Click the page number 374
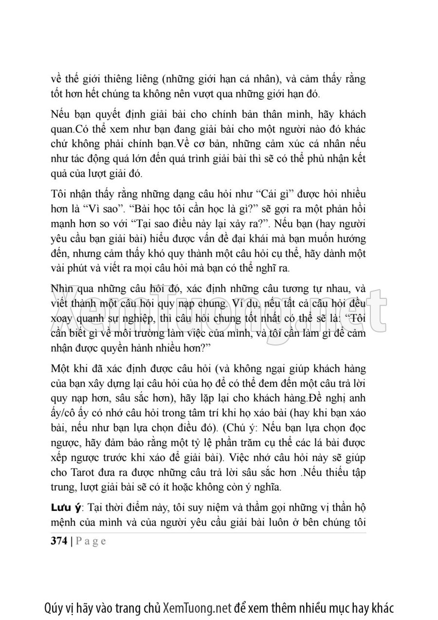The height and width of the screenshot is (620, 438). click(x=59, y=541)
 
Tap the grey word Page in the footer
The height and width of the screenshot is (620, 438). click(x=91, y=541)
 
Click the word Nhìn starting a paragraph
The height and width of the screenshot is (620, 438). click(x=62, y=290)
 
